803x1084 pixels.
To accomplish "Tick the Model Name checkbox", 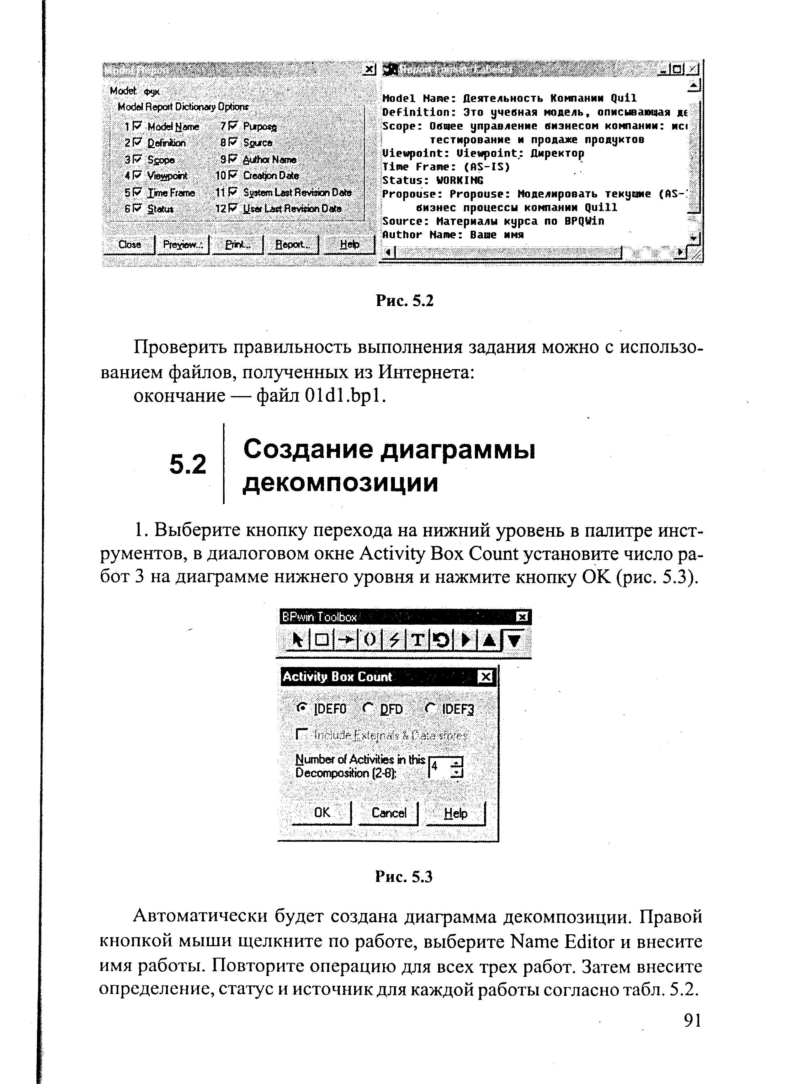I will click(x=136, y=126).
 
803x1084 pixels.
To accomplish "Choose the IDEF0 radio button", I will click(x=302, y=709).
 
